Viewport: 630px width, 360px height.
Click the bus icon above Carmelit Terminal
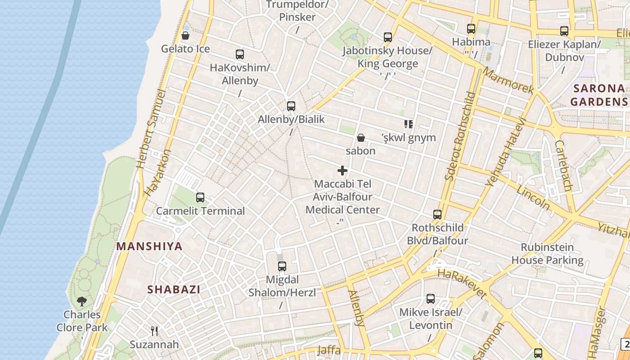point(200,197)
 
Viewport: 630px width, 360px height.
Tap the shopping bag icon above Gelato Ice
point(185,36)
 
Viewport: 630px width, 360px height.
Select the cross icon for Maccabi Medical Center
point(342,171)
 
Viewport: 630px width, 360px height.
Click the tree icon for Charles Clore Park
point(82,301)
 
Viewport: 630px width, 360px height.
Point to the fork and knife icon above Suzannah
point(154,331)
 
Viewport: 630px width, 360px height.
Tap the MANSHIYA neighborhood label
point(149,246)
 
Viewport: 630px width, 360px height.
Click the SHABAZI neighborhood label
point(174,289)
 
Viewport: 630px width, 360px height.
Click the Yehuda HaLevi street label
point(506,152)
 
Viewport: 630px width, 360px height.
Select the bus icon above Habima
point(471,29)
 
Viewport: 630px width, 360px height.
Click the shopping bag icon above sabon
point(360,137)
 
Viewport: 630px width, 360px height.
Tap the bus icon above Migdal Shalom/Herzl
point(282,266)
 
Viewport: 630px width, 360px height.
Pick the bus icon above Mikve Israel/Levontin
point(431,299)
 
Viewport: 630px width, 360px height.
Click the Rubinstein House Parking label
point(547,253)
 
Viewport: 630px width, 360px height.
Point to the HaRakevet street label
point(462,284)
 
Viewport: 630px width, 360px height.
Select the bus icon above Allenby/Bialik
point(291,106)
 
